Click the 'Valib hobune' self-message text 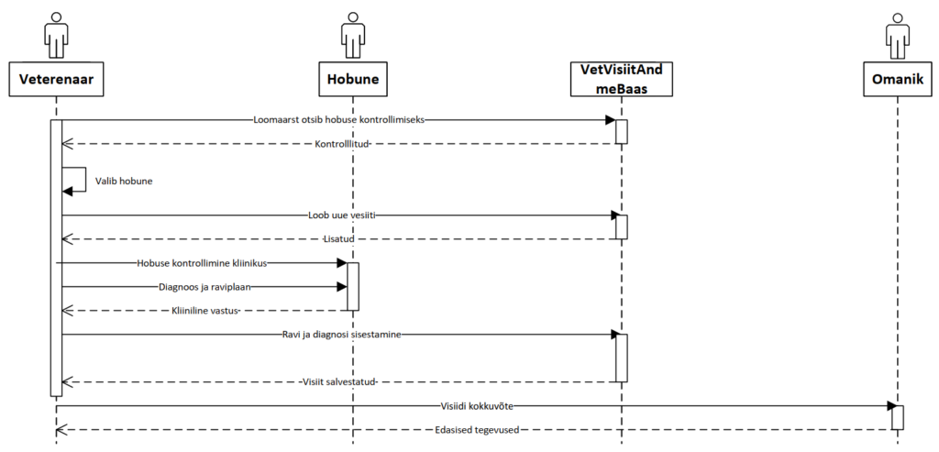pyautogui.click(x=124, y=181)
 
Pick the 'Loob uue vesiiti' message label pyautogui.click(x=342, y=215)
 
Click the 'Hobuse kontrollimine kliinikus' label pyautogui.click(x=202, y=263)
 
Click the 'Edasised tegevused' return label pyautogui.click(x=476, y=429)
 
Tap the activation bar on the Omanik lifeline pyautogui.click(x=898, y=417)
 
